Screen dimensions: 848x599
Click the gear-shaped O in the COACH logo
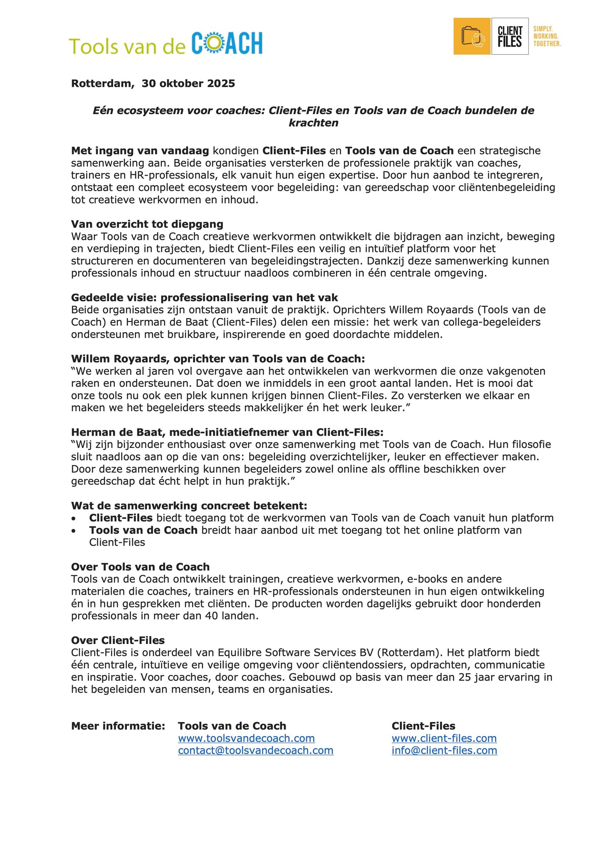pos(214,43)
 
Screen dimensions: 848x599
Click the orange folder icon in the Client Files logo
pos(472,36)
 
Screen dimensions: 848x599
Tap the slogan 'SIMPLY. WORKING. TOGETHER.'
pos(547,36)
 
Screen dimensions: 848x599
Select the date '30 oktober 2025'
pos(188,83)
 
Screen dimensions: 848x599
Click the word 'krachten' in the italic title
pos(313,123)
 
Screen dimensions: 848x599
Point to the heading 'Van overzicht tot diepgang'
pos(147,224)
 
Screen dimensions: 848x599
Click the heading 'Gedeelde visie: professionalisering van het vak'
pos(204,297)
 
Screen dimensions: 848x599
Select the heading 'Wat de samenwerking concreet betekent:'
pos(189,506)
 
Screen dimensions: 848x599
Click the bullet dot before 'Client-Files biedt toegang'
pos(74,518)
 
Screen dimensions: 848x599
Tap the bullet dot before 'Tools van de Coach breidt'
pos(74,531)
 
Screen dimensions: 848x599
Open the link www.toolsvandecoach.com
pos(246,738)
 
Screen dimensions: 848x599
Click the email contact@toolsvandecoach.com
pos(256,750)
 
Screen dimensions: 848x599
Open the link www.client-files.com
pos(444,738)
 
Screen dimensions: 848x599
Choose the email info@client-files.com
pos(444,750)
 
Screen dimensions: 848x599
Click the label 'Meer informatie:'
pos(118,726)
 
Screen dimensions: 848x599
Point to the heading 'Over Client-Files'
pos(118,640)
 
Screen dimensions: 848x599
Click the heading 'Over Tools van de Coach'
pos(140,567)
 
